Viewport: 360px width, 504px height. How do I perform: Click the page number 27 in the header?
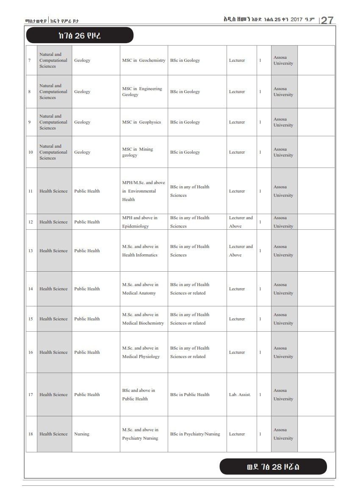tap(327, 20)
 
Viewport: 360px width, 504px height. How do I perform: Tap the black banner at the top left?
tap(80, 36)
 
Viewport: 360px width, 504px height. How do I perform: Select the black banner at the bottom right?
tap(273, 467)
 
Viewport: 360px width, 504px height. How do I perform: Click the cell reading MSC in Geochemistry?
tap(144, 61)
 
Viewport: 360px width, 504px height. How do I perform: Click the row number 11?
tap(30, 191)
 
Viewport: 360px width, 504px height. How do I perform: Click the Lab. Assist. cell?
tap(240, 395)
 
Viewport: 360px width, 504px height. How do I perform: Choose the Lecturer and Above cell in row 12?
tap(241, 222)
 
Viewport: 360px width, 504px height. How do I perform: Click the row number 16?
tap(30, 353)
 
